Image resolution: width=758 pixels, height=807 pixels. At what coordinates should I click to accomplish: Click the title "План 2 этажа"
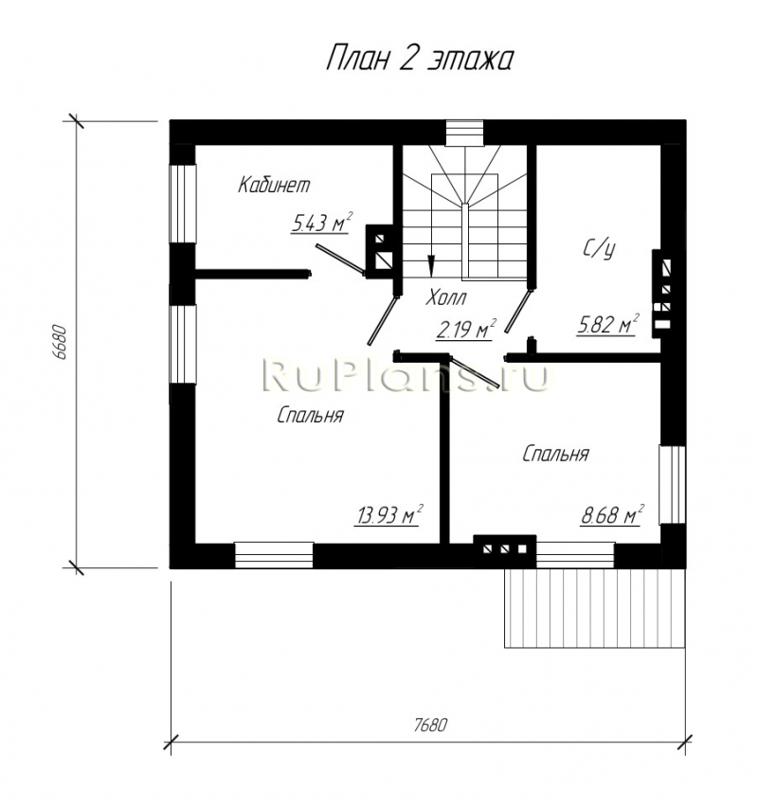[420, 59]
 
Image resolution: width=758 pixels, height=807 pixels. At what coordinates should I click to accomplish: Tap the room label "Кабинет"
[274, 185]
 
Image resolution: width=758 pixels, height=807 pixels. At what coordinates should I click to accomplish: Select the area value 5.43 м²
[321, 223]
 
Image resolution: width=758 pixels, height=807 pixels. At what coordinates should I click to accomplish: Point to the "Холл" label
[446, 297]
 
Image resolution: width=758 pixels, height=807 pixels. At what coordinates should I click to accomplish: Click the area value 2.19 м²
[466, 330]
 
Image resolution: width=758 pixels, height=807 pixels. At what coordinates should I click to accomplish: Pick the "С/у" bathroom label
[600, 249]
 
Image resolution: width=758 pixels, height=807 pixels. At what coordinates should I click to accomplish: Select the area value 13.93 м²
[388, 514]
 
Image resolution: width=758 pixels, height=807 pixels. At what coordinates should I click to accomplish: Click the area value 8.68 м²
[612, 515]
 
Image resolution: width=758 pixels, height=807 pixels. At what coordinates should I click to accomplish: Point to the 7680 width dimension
[430, 725]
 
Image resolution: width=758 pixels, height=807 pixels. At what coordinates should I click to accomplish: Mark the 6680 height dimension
[59, 342]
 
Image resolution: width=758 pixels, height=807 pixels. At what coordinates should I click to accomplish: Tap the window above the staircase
[465, 133]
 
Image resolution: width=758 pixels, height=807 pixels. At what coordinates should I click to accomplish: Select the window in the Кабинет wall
[183, 204]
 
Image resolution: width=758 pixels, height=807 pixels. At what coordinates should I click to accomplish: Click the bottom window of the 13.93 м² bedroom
[274, 555]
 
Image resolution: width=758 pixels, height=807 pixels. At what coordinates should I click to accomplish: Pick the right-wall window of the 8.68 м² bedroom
[673, 485]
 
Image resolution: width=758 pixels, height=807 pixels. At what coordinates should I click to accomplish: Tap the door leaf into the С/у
[518, 311]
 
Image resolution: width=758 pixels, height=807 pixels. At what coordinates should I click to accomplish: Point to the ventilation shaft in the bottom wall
[505, 549]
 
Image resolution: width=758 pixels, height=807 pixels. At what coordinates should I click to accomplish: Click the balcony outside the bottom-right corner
[595, 607]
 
